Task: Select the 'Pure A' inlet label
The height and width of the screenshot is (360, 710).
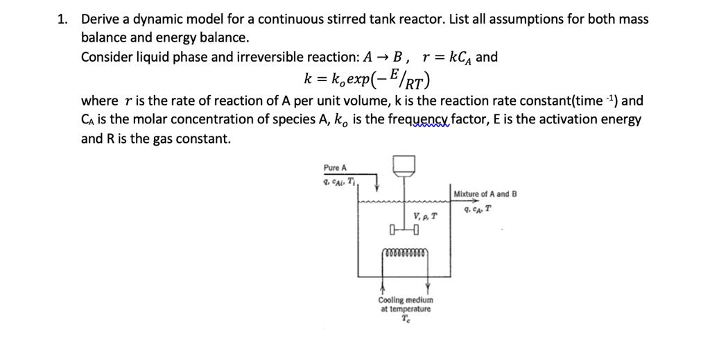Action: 335,168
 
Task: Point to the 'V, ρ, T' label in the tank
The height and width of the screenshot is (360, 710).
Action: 425,216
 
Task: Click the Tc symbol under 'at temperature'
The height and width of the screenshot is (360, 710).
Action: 406,319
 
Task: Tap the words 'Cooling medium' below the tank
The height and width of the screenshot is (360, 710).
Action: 406,300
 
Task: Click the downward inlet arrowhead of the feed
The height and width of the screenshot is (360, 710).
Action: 376,185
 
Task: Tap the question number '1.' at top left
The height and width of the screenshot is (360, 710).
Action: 63,19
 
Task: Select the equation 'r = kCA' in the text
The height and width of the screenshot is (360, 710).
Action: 445,58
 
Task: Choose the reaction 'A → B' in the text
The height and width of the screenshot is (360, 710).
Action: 389,58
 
